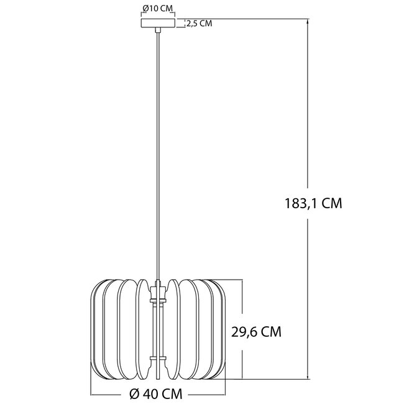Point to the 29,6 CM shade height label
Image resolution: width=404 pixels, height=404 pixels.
click(256, 332)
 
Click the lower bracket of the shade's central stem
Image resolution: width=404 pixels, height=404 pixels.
click(158, 359)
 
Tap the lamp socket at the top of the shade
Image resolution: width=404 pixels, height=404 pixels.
click(158, 287)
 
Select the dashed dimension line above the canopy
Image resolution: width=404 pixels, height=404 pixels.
click(158, 15)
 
